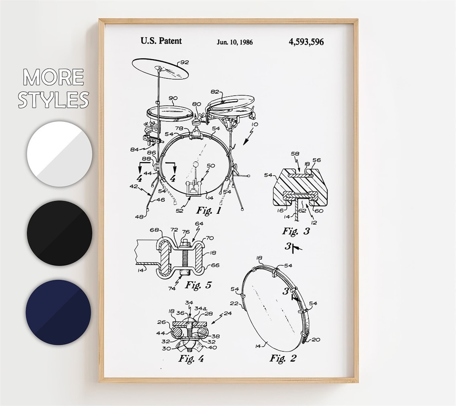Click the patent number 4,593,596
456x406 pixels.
click(x=306, y=41)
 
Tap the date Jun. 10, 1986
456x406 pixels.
click(x=235, y=42)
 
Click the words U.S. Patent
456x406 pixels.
click(x=161, y=41)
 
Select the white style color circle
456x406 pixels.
click(x=60, y=154)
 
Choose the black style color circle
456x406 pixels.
click(x=60, y=233)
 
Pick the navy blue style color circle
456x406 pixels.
click(x=58, y=312)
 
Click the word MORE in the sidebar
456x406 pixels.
click(x=54, y=77)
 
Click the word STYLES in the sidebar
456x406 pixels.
click(x=54, y=100)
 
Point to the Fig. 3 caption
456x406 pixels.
click(x=296, y=231)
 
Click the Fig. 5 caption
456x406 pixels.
click(x=198, y=285)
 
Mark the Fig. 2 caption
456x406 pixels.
click(x=283, y=358)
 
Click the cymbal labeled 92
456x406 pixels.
click(x=160, y=68)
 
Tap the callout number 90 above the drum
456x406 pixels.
click(x=173, y=98)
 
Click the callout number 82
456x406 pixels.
click(x=215, y=92)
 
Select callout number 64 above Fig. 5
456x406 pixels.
click(x=199, y=223)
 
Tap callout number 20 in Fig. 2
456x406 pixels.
click(x=316, y=340)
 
